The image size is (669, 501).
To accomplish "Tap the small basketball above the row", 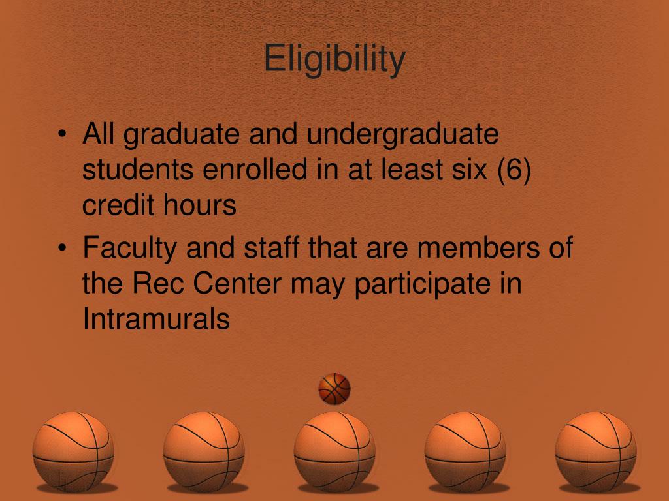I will point(334,389).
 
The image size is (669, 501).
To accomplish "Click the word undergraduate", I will point(403,136).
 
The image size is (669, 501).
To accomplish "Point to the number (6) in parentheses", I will point(514,171).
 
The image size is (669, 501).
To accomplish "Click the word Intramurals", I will point(156,320).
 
